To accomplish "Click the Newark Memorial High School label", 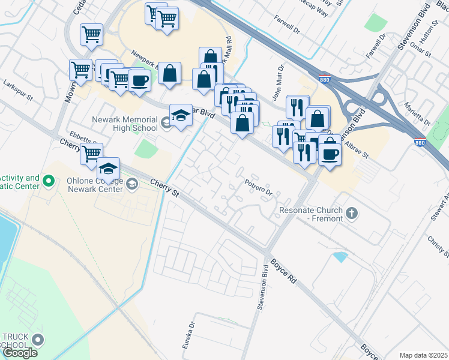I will coord(124,123).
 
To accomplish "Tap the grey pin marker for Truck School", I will coord(38,340).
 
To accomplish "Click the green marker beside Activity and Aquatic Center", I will coord(50,179).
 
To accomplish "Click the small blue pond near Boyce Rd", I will coord(339,257).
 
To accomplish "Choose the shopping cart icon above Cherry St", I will coord(91,153).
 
